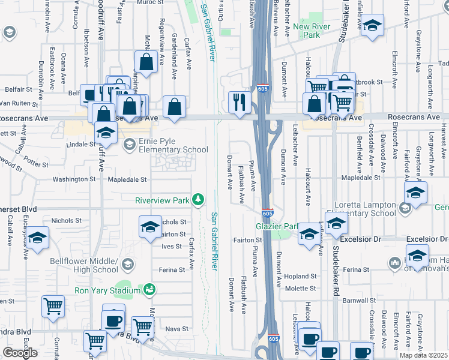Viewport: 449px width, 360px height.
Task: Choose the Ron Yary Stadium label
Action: coord(106,291)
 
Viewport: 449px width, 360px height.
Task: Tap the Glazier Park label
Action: coord(277,226)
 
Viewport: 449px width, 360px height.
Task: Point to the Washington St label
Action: coord(70,179)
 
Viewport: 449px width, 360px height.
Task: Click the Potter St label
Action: coord(36,163)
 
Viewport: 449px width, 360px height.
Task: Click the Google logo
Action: coord(20,353)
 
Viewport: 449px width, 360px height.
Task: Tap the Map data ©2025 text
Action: coord(423,355)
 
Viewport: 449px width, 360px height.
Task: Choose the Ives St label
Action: coord(172,246)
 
